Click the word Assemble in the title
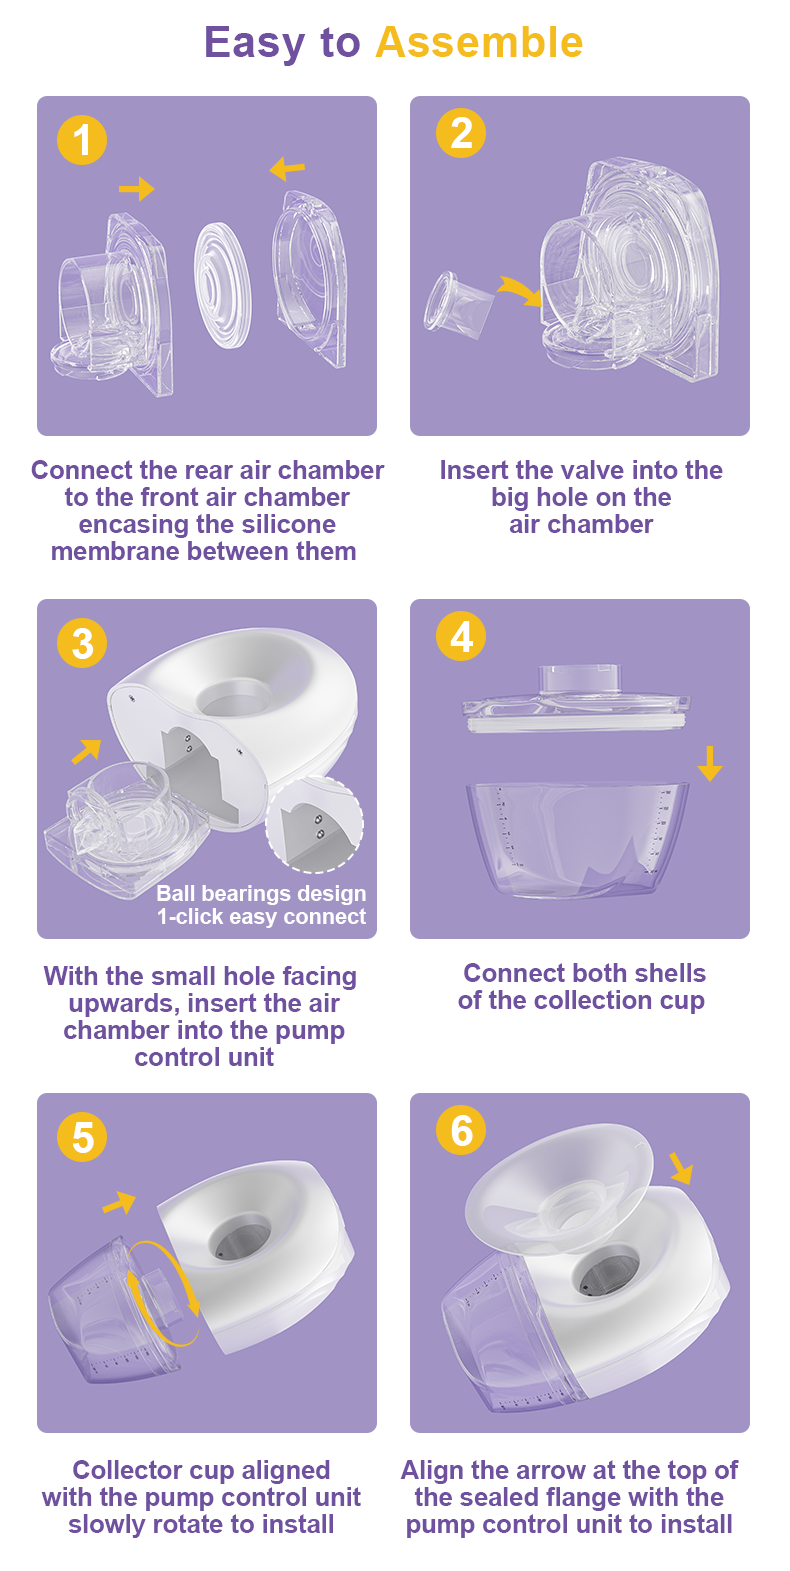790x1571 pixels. point(479,43)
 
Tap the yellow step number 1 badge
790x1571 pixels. point(82,139)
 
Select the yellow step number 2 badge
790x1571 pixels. point(461,133)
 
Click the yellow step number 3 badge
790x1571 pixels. point(82,643)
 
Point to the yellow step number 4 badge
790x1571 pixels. point(461,636)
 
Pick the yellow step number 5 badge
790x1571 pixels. point(82,1137)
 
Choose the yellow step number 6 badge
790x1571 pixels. point(461,1130)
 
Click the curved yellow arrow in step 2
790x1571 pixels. point(518,291)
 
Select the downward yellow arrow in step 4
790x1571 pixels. point(709,763)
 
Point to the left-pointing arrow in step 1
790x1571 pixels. point(287,168)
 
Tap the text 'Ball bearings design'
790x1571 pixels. point(261,893)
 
